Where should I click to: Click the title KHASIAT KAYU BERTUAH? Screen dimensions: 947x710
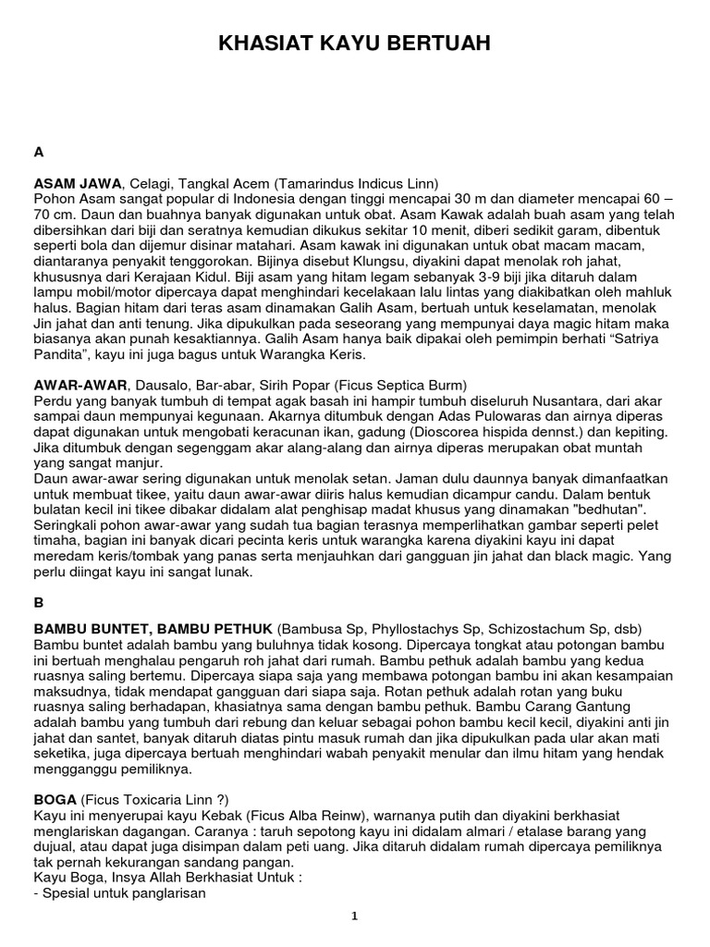point(354,43)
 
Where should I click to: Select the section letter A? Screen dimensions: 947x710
point(38,152)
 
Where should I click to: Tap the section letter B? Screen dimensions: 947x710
point(38,602)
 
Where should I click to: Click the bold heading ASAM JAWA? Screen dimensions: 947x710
point(77,183)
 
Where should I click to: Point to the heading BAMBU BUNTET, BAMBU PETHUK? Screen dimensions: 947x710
point(153,629)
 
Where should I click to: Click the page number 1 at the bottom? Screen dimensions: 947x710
point(354,916)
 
